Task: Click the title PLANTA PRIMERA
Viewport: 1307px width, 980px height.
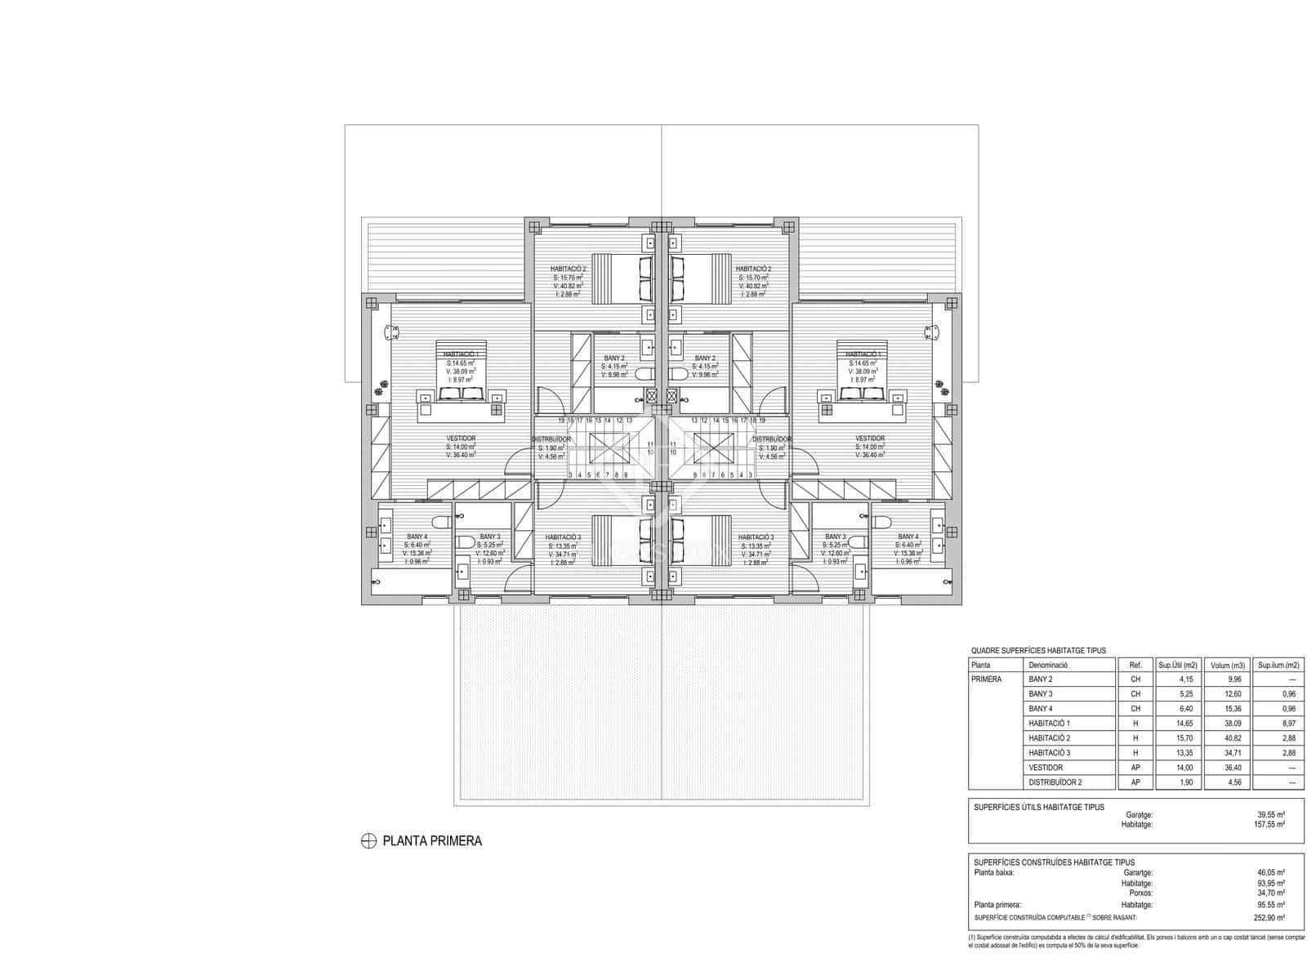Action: (x=432, y=841)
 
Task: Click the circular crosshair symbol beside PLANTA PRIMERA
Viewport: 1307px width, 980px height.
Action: (x=368, y=841)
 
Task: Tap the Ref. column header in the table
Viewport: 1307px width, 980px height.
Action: (x=1135, y=665)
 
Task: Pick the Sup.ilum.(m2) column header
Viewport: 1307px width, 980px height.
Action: (x=1278, y=665)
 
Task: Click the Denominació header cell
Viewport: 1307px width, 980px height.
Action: (x=1048, y=665)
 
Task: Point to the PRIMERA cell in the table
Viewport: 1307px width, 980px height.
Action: (x=987, y=679)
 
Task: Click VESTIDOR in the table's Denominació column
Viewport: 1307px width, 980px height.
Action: (x=1046, y=768)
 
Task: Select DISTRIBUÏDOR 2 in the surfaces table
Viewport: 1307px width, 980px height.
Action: (x=1055, y=782)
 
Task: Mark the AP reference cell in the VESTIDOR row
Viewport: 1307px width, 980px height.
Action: (x=1135, y=768)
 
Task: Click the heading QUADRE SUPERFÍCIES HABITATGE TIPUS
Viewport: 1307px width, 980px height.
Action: (x=1038, y=651)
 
